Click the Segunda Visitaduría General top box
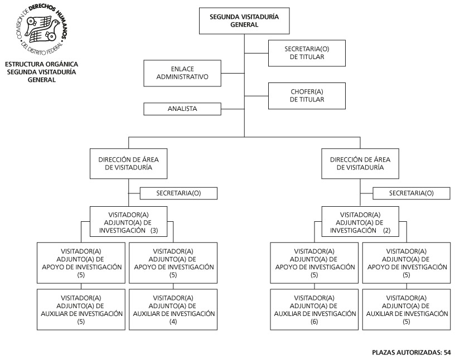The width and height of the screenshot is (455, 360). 244,21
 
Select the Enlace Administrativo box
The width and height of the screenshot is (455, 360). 182,73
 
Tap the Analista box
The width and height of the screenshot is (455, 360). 182,109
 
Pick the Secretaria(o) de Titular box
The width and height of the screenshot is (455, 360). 307,53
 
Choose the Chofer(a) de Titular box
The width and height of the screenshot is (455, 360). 307,96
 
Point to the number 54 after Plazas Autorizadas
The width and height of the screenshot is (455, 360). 447,352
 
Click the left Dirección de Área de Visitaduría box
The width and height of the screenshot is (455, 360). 129,164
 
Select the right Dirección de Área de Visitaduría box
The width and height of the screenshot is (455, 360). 360,164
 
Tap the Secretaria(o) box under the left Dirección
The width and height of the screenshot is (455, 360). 178,193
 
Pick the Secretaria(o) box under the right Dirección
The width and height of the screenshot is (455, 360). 411,193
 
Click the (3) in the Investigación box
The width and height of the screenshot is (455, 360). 154,231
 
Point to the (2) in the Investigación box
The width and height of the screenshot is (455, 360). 387,231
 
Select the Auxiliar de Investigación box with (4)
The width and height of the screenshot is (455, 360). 173,309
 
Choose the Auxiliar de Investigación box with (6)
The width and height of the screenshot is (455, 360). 314,309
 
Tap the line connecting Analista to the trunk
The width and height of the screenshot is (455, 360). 233,109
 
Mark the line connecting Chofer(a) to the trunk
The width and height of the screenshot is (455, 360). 256,96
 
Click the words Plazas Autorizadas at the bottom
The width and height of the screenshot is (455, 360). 407,352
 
